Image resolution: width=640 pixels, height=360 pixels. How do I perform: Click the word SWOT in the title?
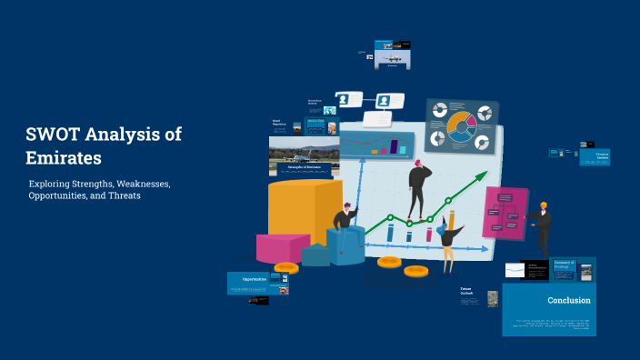[x=53, y=135]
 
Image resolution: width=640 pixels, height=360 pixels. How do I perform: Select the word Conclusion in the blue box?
[x=569, y=300]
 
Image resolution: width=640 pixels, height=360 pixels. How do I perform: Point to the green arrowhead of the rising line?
[x=479, y=176]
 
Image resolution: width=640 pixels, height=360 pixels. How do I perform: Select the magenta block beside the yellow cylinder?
[x=283, y=247]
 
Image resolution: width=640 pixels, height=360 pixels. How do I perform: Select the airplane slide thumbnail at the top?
[x=392, y=55]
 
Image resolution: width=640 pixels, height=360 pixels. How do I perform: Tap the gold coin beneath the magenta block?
[x=285, y=268]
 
